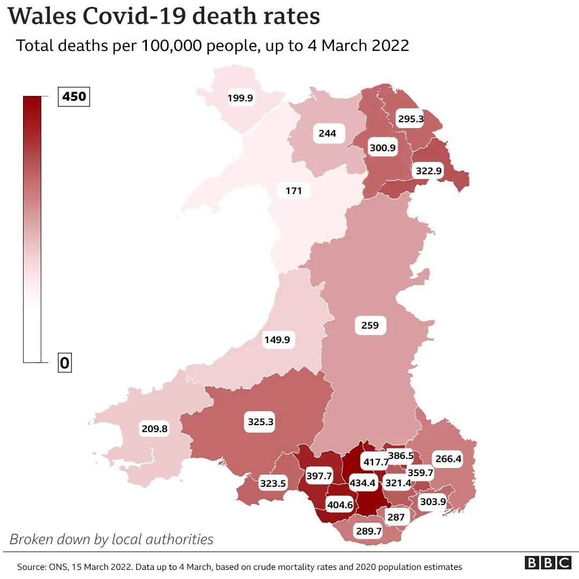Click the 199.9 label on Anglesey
pyautogui.click(x=240, y=98)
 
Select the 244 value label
pyautogui.click(x=327, y=133)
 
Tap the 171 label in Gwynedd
pyautogui.click(x=294, y=190)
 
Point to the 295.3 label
pyautogui.click(x=411, y=119)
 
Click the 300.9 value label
pyautogui.click(x=383, y=147)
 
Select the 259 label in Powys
pyautogui.click(x=370, y=325)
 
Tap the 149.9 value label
pyautogui.click(x=279, y=339)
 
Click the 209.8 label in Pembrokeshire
pyautogui.click(x=154, y=428)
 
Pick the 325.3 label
pyautogui.click(x=261, y=422)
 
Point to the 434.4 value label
pyautogui.click(x=363, y=483)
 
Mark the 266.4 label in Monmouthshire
pyautogui.click(x=448, y=459)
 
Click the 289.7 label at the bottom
pyautogui.click(x=368, y=531)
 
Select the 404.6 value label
pyautogui.click(x=340, y=504)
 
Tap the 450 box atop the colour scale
pyautogui.click(x=75, y=97)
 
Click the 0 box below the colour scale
pyautogui.click(x=65, y=363)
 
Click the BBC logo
pyautogui.click(x=548, y=563)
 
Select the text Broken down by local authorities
pyautogui.click(x=112, y=539)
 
